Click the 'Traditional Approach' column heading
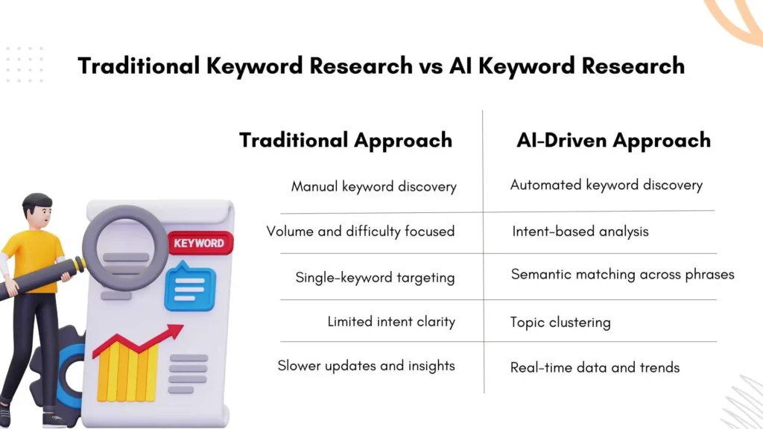tap(345, 140)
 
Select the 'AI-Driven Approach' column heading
tap(613, 140)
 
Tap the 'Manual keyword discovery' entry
tap(373, 186)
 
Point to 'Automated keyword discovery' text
tap(606, 185)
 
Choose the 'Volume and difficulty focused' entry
tap(360, 231)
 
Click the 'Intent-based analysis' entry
tap(580, 231)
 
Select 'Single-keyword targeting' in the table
tap(375, 277)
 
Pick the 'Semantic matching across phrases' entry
tap(622, 275)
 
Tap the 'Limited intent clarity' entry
tap(391, 322)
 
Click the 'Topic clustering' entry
tap(560, 322)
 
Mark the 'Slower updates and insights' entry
tap(366, 366)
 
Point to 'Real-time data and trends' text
tap(595, 367)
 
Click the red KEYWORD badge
tap(199, 243)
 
